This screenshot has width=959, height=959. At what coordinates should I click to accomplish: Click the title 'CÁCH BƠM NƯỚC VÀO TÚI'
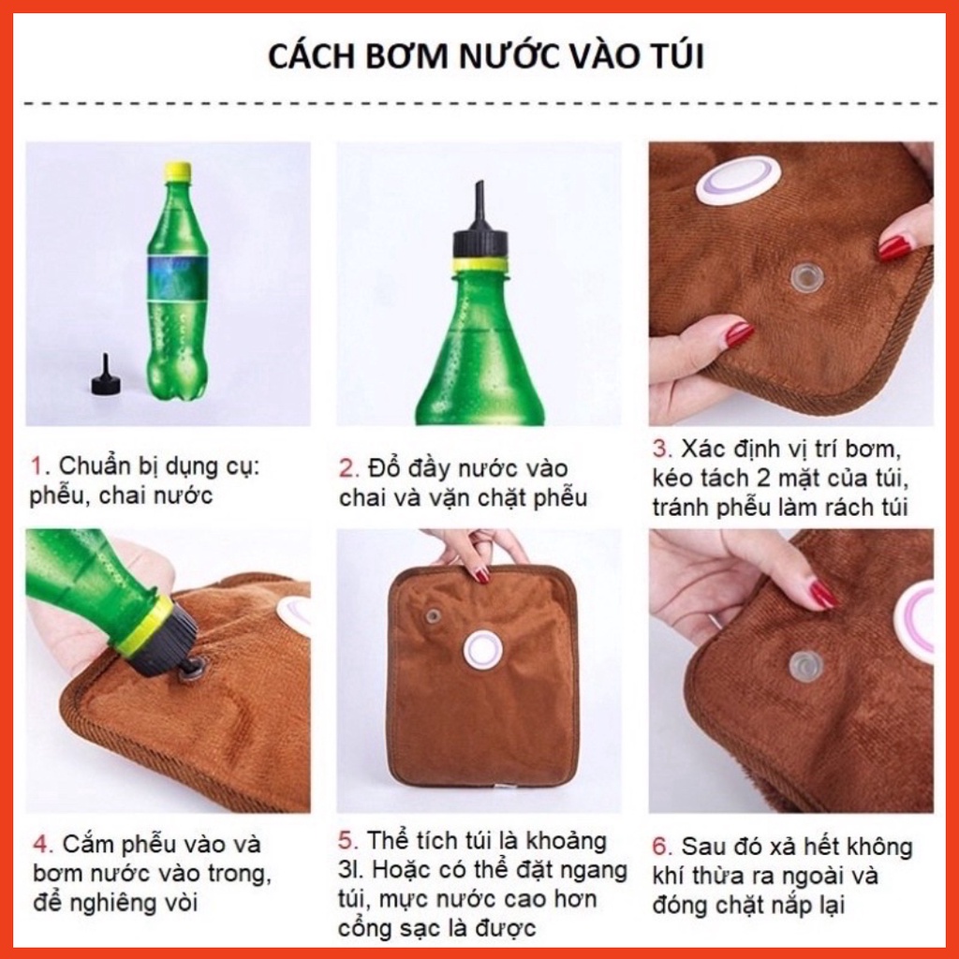(486, 57)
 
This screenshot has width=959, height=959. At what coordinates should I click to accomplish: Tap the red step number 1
(37, 466)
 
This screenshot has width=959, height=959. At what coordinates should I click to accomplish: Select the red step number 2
(347, 467)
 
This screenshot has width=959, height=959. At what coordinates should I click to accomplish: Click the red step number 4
(40, 845)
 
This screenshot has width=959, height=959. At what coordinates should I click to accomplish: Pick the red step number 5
(347, 840)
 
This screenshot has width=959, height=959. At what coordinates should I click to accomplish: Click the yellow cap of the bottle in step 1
(177, 171)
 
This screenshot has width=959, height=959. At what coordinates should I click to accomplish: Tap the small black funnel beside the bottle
(105, 376)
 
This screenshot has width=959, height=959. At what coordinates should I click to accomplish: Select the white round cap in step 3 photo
(738, 180)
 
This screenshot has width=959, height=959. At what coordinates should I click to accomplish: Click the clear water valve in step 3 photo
(806, 276)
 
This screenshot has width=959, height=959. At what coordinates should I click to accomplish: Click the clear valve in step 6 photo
(805, 666)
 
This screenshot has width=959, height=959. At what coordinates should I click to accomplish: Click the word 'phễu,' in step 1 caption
(60, 495)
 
